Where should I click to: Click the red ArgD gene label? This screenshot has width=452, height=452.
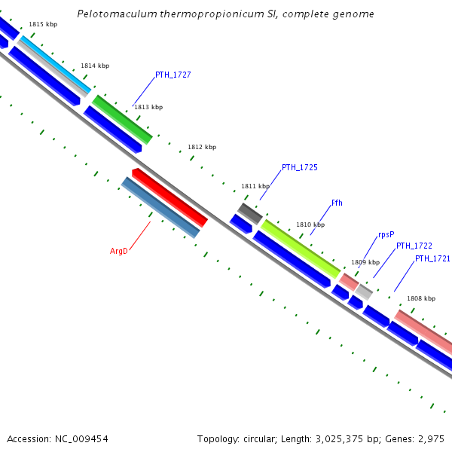[x=119, y=251]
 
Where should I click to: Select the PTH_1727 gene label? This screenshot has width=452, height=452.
[x=173, y=75]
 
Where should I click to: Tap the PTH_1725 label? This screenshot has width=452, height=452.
[x=299, y=167]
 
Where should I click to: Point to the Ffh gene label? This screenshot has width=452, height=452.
[x=337, y=203]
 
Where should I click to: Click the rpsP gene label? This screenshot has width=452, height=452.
[x=386, y=234]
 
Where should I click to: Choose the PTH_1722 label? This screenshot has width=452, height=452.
[x=414, y=246]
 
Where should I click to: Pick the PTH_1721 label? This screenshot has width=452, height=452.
[x=432, y=259]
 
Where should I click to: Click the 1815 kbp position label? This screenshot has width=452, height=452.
[x=42, y=25]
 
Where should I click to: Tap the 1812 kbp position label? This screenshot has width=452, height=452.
[x=201, y=147]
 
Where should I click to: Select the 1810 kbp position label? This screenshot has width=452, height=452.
[x=310, y=224]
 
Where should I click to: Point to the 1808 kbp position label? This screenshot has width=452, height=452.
[x=420, y=298]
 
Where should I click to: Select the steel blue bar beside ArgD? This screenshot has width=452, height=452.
[x=160, y=207]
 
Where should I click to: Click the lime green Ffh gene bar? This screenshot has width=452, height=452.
[x=301, y=248]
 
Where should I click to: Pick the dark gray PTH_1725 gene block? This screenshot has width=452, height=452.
[x=250, y=213]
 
